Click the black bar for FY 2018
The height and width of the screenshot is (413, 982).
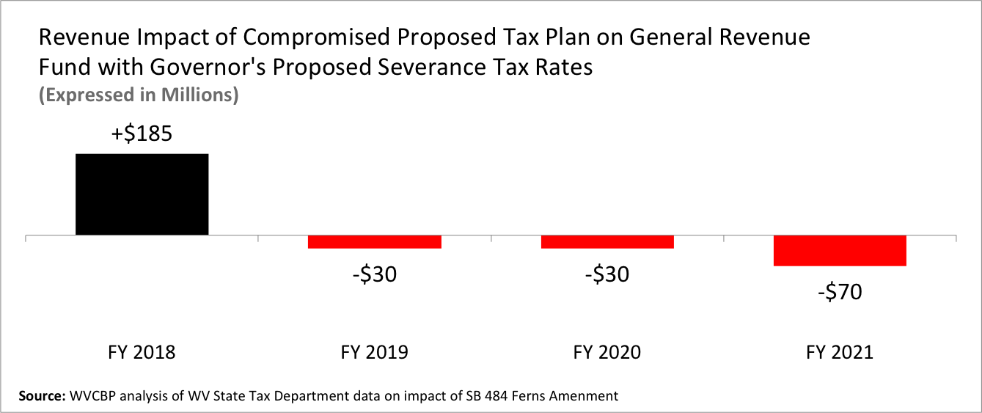(142, 194)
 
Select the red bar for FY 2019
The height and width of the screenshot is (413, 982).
(374, 242)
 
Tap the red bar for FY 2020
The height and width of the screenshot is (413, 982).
(607, 242)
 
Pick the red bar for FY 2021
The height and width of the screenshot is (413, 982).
(840, 251)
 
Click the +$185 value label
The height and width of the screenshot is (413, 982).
(142, 134)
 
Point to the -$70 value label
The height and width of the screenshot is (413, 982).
(840, 292)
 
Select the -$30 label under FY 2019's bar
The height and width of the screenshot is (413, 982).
(375, 275)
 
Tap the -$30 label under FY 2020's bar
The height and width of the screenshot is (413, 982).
(607, 275)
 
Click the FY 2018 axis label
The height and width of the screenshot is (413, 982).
(142, 353)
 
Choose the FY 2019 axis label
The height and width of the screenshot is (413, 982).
(374, 353)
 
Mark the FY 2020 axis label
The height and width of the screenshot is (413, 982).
(607, 353)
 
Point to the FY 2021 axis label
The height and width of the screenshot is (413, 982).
(840, 353)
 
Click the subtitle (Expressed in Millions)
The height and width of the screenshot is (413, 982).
(139, 95)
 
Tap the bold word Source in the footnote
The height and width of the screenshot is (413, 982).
(42, 396)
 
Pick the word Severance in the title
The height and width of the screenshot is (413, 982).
(432, 67)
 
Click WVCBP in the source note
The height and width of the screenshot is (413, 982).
(92, 396)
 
